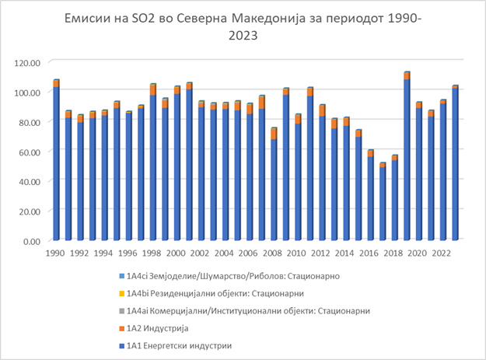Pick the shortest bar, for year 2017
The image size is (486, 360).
tap(383, 201)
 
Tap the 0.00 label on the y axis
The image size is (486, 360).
tap(33, 241)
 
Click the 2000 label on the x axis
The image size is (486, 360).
tap(177, 253)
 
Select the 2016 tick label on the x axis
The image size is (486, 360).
tap(370, 253)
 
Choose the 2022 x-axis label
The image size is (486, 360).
tap(442, 253)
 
